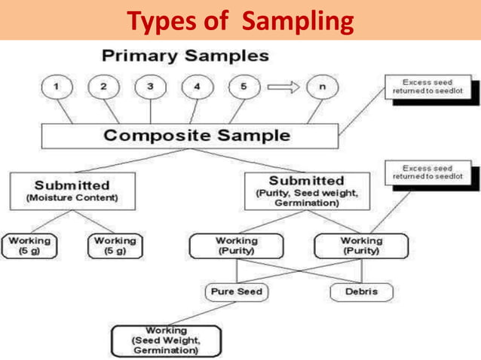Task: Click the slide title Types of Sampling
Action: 240,20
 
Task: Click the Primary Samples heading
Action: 185,56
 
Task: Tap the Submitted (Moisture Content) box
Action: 72,191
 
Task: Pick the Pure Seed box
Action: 237,291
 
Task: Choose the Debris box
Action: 361,291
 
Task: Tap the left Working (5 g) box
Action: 30,246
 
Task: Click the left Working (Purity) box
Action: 236,246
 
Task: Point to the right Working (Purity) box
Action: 361,246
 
